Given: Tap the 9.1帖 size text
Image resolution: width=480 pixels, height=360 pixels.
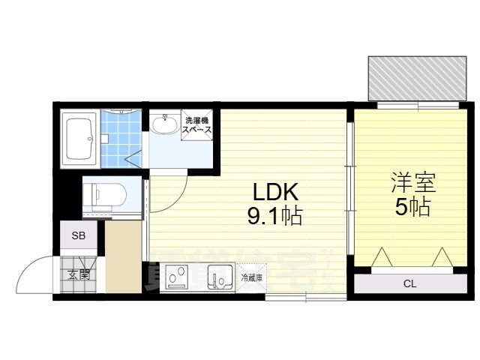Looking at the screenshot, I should pyautogui.click(x=274, y=217).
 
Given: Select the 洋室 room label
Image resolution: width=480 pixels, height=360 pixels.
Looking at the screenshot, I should pyautogui.click(x=412, y=182).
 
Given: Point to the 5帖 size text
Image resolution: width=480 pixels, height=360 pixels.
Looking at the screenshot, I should pyautogui.click(x=413, y=207).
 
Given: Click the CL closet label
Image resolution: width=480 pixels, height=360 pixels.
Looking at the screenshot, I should pyautogui.click(x=409, y=283).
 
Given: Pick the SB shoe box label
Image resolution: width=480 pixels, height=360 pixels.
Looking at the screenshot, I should pyautogui.click(x=79, y=235).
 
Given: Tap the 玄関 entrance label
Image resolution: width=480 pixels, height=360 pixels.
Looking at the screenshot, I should pyautogui.click(x=79, y=274).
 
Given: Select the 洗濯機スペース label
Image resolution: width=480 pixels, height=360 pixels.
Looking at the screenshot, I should pyautogui.click(x=197, y=124).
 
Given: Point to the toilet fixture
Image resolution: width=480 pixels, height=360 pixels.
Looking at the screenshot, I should pyautogui.click(x=101, y=196).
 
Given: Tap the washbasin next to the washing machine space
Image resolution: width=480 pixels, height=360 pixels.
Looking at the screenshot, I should pyautogui.click(x=164, y=124).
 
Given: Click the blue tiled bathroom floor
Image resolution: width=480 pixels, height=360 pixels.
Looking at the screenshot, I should pyautogui.click(x=120, y=139).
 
